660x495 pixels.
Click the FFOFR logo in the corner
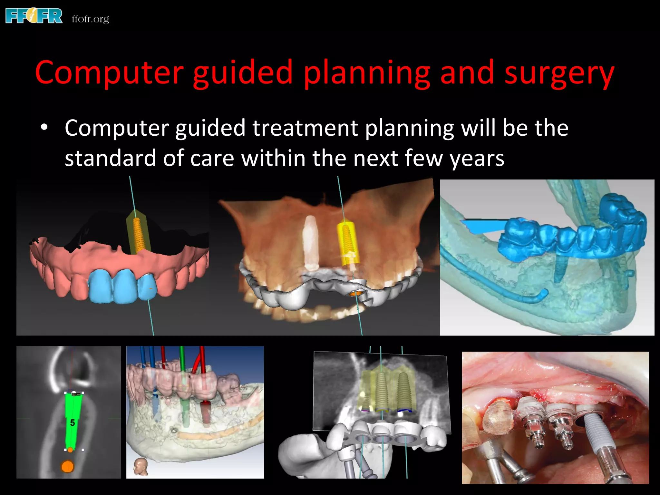click(x=34, y=16)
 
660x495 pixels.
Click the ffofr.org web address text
click(x=90, y=19)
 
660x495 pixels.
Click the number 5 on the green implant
click(x=73, y=422)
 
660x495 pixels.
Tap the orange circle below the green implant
click(x=67, y=466)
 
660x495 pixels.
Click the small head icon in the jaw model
click(x=141, y=466)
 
